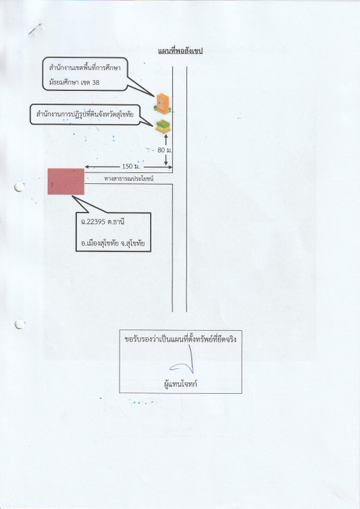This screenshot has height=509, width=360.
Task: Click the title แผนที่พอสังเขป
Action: click(x=180, y=51)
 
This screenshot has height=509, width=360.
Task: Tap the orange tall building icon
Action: click(x=162, y=104)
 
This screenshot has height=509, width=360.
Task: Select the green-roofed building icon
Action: click(x=163, y=126)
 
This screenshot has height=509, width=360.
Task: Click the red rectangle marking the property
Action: click(x=66, y=181)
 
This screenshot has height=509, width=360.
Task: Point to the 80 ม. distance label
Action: click(x=165, y=150)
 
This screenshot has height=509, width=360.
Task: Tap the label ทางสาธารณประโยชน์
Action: click(x=129, y=178)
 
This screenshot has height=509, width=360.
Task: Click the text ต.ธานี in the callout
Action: click(x=116, y=222)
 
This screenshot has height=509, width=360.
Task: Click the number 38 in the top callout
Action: click(x=95, y=83)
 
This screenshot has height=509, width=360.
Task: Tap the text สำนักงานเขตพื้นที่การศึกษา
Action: click(x=85, y=68)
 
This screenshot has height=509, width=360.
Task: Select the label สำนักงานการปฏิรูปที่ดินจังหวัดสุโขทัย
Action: click(x=85, y=115)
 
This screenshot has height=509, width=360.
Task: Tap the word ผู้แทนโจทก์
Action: click(x=181, y=384)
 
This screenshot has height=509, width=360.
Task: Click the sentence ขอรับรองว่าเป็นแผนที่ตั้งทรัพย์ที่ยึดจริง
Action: click(x=181, y=339)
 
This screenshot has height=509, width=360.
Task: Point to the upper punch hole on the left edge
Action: click(x=19, y=187)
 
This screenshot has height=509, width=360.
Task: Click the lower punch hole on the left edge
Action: click(x=20, y=324)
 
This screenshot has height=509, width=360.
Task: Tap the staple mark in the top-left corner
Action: click(x=34, y=29)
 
